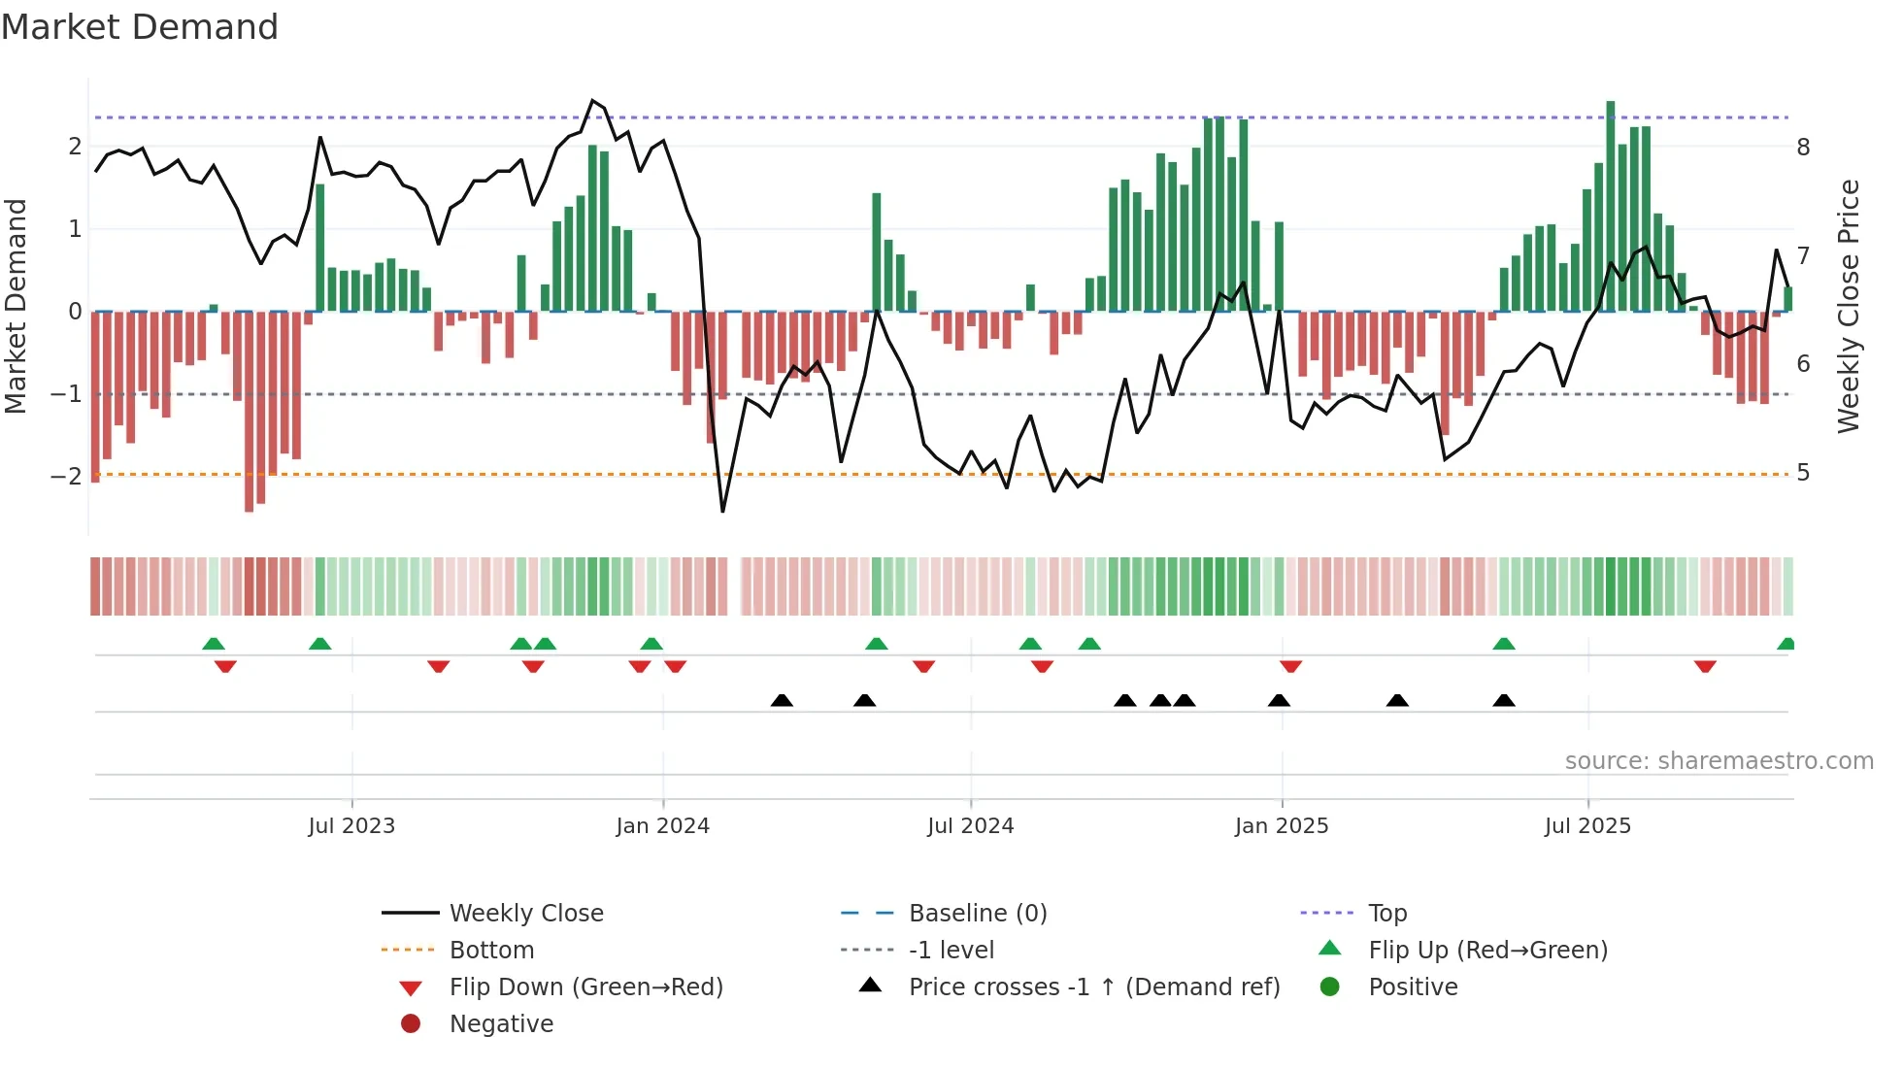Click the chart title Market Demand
tap(140, 27)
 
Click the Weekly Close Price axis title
tap(1849, 306)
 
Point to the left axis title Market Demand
tap(16, 306)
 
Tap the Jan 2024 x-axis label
tap(662, 826)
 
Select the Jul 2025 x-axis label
tap(1587, 826)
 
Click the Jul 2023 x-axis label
tap(351, 826)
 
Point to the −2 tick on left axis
tap(66, 476)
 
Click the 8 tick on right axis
tap(1803, 148)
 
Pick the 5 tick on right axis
tap(1803, 473)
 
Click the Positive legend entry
tap(1413, 987)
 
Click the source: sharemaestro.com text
tap(1719, 761)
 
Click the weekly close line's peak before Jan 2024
tap(592, 101)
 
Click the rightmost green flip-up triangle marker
tap(1786, 644)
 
